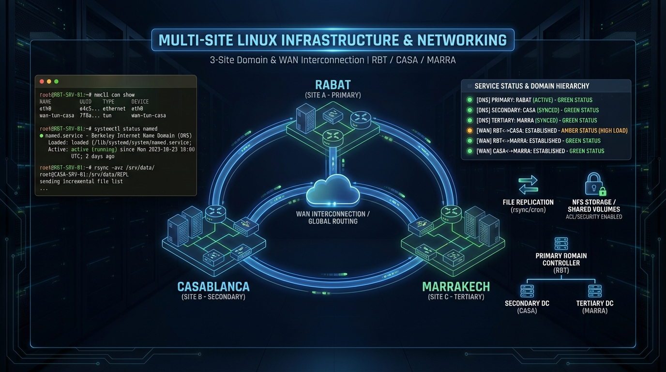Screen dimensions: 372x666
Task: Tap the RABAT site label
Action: pyautogui.click(x=333, y=85)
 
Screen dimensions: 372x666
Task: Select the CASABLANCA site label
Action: pyautogui.click(x=213, y=286)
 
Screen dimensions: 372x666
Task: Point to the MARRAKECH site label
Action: pyautogui.click(x=456, y=286)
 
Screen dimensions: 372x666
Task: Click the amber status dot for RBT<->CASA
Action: pyautogui.click(x=469, y=131)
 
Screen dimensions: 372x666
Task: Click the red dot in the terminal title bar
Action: pyautogui.click(x=42, y=81)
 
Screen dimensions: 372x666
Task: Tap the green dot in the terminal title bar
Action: pyautogui.click(x=56, y=81)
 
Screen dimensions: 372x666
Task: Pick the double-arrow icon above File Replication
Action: pyautogui.click(x=528, y=185)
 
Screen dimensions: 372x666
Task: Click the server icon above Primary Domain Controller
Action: pyautogui.click(x=561, y=244)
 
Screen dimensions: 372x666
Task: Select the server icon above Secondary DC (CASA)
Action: pyautogui.click(x=527, y=291)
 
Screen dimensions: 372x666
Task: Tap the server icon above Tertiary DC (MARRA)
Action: pyautogui.click(x=595, y=291)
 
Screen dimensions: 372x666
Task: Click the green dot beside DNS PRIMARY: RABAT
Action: pyautogui.click(x=469, y=100)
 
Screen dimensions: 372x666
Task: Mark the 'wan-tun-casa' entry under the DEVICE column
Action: pyautogui.click(x=149, y=116)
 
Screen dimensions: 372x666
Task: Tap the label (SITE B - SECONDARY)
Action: pyautogui.click(x=213, y=296)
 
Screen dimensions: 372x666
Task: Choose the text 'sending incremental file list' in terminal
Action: pyautogui.click(x=81, y=181)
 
